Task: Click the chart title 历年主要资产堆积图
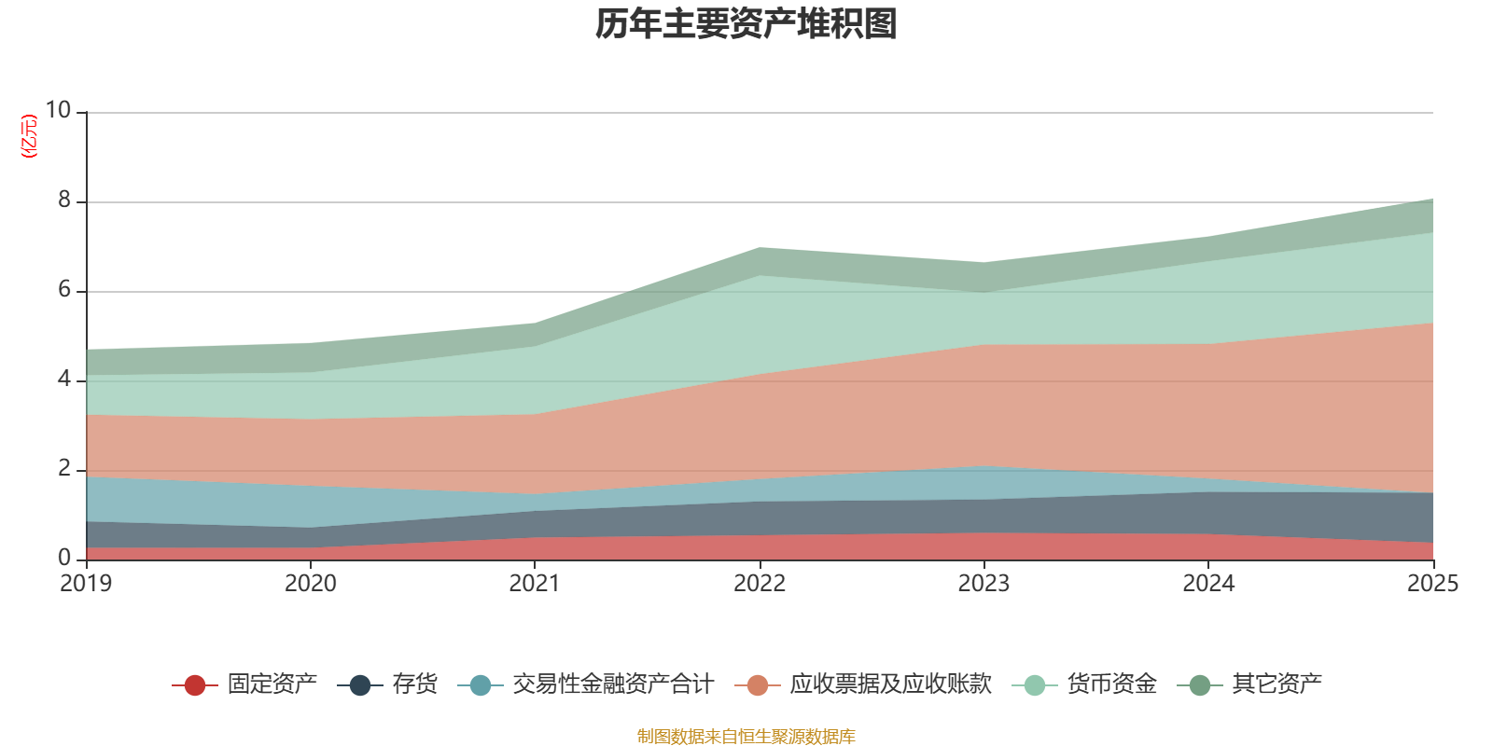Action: click(x=746, y=24)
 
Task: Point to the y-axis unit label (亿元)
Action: click(x=29, y=136)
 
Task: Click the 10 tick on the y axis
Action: click(x=58, y=110)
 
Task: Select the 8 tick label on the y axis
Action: click(x=64, y=200)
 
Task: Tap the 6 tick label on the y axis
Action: click(x=64, y=289)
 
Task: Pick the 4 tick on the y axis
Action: click(x=64, y=379)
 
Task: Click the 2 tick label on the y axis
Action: click(x=64, y=468)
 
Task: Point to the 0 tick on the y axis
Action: click(x=64, y=558)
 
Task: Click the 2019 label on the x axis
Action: click(x=86, y=584)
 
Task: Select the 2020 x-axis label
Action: click(x=310, y=584)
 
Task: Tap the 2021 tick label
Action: click(x=534, y=584)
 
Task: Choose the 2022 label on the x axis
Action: click(x=760, y=584)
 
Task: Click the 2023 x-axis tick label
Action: click(x=984, y=584)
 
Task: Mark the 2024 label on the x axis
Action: click(x=1208, y=584)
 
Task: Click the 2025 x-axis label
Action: click(x=1432, y=584)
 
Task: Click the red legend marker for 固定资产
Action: click(x=195, y=685)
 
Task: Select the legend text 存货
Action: click(x=414, y=684)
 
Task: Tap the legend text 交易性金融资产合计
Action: click(x=612, y=684)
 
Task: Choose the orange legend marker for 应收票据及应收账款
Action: click(x=758, y=685)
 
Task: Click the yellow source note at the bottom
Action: click(x=746, y=737)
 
